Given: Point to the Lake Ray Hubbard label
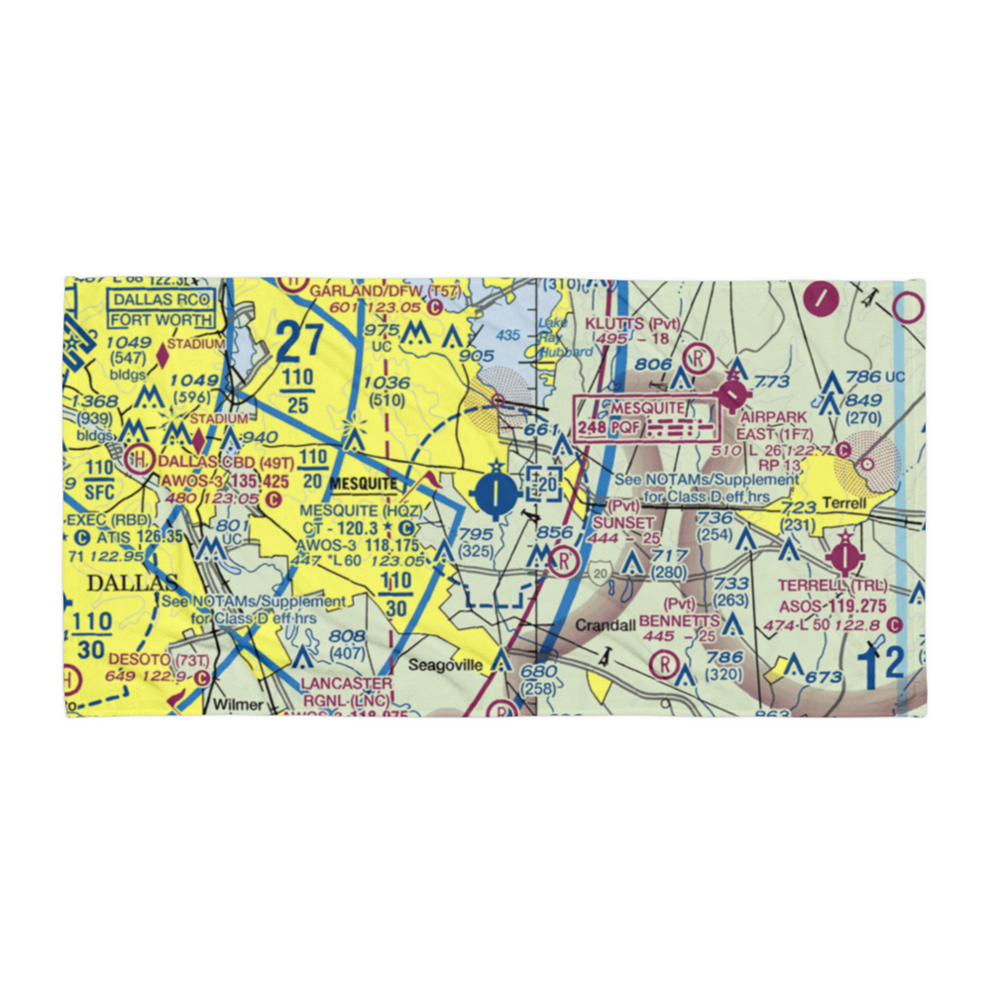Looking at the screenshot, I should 567,337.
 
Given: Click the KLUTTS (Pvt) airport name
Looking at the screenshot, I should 631,324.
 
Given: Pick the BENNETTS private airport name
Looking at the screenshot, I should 679,619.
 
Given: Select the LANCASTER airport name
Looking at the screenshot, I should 347,684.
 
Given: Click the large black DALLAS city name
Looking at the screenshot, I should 132,583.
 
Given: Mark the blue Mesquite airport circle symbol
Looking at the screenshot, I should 495,492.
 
